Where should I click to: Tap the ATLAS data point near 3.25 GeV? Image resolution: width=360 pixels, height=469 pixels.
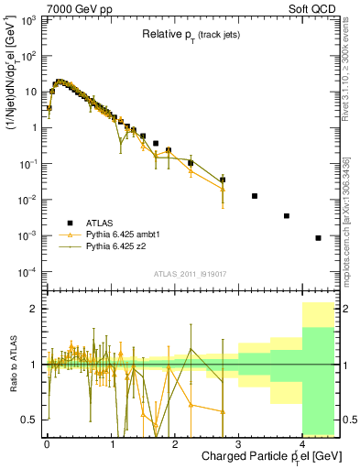[255, 196]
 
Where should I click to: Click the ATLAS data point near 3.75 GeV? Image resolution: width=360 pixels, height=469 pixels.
[287, 216]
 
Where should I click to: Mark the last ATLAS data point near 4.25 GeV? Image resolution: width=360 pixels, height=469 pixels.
[318, 238]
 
